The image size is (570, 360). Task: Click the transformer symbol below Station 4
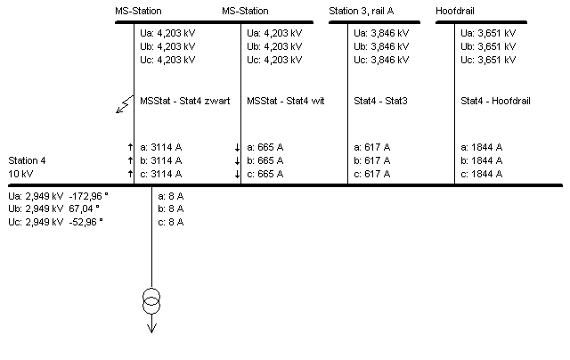point(151,302)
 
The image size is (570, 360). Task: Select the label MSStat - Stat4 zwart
point(185,101)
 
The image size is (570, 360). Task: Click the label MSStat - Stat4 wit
point(285,101)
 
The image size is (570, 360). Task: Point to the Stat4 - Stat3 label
point(380,101)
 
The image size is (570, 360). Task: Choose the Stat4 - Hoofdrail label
point(495,101)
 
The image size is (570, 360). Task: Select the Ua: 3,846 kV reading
point(381,32)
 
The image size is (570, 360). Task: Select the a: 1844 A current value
point(481,146)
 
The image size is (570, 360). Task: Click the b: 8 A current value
point(170,209)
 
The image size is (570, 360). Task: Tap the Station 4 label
point(27,160)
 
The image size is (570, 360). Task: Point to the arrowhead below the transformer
point(151,326)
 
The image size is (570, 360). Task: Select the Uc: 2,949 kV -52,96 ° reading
point(55,222)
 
